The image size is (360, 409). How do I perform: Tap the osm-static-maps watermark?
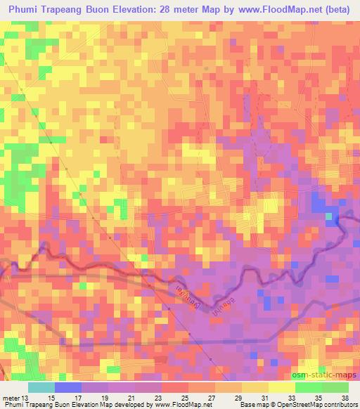pyautogui.click(x=328, y=374)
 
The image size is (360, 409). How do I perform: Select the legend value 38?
pyautogui.click(x=343, y=397)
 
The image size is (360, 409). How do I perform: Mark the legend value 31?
pyautogui.click(x=263, y=397)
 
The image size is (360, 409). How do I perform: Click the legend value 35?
pyautogui.click(x=317, y=397)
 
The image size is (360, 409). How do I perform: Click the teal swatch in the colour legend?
pyautogui.click(x=41, y=387)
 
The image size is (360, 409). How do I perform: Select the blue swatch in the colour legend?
pyautogui.click(x=68, y=387)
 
